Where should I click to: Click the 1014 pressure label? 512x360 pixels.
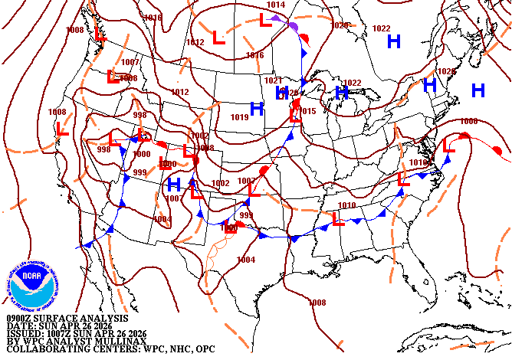pyautogui.click(x=276, y=5)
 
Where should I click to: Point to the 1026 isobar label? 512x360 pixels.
pyautogui.click(x=446, y=71)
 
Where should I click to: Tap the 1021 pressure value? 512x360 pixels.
pyautogui.click(x=274, y=80)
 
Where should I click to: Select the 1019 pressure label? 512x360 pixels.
pyautogui.click(x=239, y=118)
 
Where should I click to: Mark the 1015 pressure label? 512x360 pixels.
pyautogui.click(x=308, y=112)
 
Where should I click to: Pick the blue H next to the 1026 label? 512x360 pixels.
pyautogui.click(x=430, y=84)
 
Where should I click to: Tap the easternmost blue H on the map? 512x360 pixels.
pyautogui.click(x=479, y=90)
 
